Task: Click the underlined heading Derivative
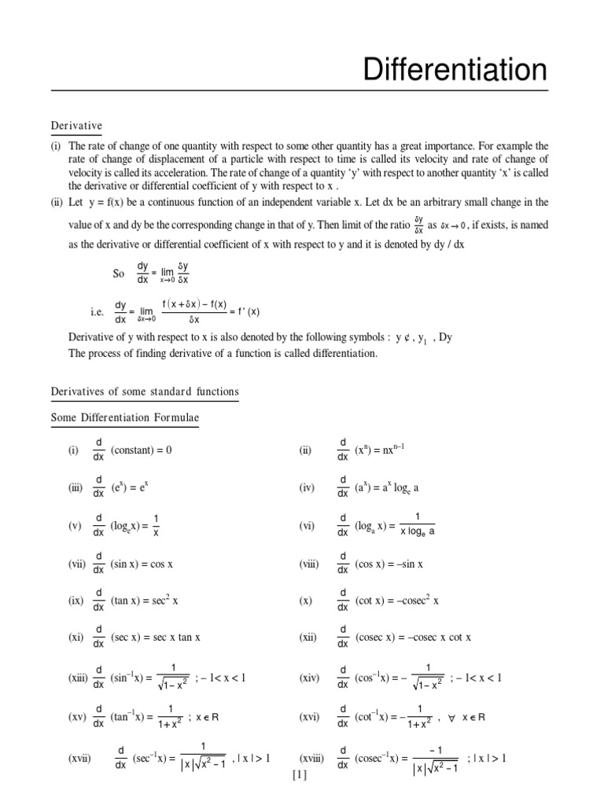pyautogui.click(x=76, y=126)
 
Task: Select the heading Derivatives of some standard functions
pyautogui.click(x=145, y=391)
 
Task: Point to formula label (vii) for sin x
pyautogui.click(x=77, y=564)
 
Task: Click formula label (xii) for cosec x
pyautogui.click(x=307, y=638)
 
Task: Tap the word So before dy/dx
pyautogui.click(x=120, y=274)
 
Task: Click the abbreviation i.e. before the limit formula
pyautogui.click(x=98, y=311)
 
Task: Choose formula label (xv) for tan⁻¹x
pyautogui.click(x=78, y=717)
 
